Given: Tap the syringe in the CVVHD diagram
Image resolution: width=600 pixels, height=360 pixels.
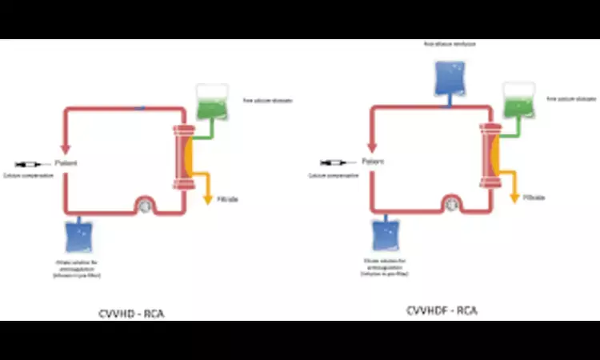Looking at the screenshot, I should [30, 164].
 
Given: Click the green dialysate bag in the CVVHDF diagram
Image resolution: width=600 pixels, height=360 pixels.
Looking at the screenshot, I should [518, 102].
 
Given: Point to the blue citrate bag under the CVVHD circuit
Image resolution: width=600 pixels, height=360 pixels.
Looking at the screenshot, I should [81, 238].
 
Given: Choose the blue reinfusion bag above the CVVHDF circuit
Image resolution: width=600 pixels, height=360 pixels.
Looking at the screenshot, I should [449, 73].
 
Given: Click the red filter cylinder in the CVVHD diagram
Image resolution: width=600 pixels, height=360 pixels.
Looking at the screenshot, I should [182, 157].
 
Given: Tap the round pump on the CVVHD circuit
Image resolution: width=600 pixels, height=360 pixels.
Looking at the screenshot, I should [146, 206].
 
